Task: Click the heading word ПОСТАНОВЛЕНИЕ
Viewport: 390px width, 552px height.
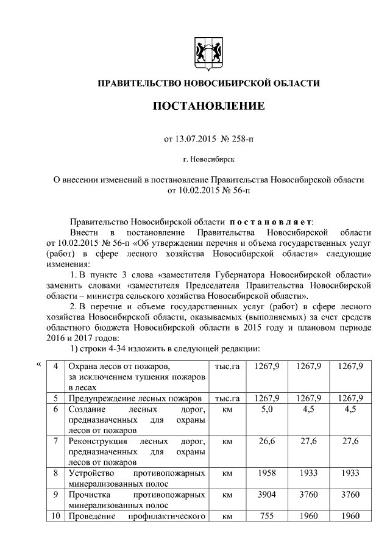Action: (208, 106)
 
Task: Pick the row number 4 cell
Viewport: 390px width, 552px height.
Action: (56, 366)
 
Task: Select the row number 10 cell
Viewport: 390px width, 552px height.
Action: (56, 517)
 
